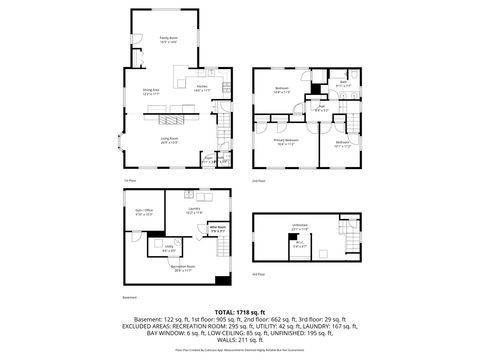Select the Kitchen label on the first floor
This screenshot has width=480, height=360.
201,88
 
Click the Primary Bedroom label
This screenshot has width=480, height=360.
285,141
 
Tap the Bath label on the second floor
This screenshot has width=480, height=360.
343,84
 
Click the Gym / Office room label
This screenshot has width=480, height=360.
144,211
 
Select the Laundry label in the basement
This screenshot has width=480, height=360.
193,209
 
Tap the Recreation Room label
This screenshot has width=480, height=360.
183,269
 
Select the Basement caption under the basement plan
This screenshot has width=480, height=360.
127,296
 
